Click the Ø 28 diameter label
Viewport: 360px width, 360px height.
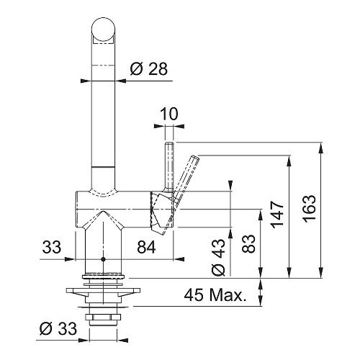coord(149,68)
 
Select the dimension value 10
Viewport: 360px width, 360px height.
coord(169,114)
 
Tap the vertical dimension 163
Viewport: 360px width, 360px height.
coord(309,209)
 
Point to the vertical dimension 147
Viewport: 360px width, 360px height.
coord(277,215)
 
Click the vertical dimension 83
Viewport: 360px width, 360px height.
coord(248,243)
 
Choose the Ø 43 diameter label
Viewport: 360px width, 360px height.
coord(218,257)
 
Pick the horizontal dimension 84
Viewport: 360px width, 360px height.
coord(146,247)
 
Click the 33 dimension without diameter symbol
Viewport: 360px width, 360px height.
coord(52,247)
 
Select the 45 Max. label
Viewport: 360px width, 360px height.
coord(215,294)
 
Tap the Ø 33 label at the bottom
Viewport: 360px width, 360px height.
coord(58,328)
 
